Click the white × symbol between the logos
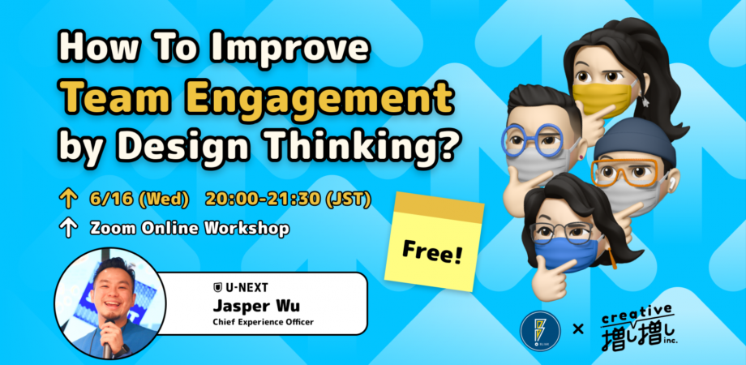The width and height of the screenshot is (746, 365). (578, 329)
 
